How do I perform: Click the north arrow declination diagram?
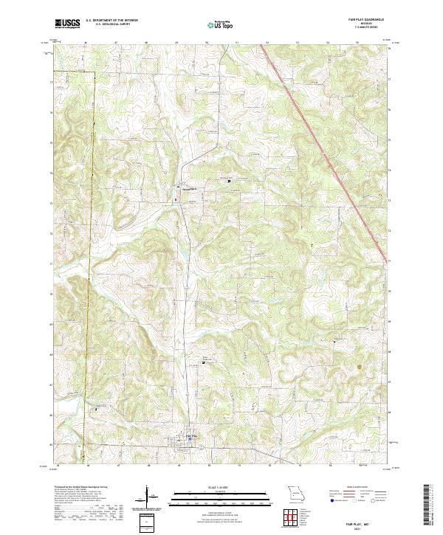pos(147,497)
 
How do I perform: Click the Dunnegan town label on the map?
pos(189,187)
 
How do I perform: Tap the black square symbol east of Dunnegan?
pos(229,180)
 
